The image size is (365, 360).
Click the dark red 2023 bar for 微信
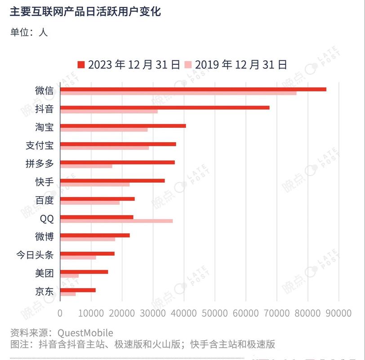(193, 89)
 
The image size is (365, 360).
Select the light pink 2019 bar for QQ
(116, 221)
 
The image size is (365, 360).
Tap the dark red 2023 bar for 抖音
(165, 108)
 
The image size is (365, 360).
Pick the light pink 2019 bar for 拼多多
(86, 166)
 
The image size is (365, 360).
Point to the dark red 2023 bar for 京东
(78, 290)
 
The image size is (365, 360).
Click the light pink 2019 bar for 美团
(69, 276)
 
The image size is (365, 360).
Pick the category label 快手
(44, 182)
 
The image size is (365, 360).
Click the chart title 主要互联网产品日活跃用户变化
(85, 12)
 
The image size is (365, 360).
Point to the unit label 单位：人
(29, 31)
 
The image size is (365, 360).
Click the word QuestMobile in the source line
(85, 333)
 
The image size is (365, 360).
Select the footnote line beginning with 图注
(142, 344)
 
